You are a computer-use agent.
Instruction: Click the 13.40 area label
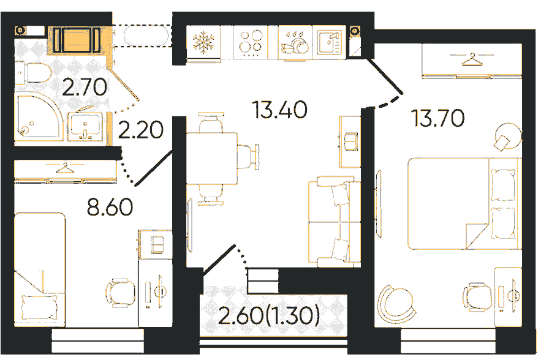click(x=280, y=110)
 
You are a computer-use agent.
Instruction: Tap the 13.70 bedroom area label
click(x=438, y=118)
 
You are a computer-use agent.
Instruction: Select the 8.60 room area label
click(x=110, y=207)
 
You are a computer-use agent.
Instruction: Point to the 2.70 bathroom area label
click(x=85, y=87)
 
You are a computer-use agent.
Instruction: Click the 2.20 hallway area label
click(x=140, y=130)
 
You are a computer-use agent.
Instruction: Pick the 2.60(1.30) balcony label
click(x=269, y=315)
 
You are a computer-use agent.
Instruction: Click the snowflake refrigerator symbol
click(x=203, y=42)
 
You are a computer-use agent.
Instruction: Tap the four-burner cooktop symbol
click(x=251, y=43)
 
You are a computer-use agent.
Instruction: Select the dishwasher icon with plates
click(x=294, y=43)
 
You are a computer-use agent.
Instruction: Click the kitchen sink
click(x=330, y=42)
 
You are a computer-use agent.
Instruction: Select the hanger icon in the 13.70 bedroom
click(x=472, y=59)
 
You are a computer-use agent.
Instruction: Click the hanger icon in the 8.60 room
click(x=64, y=168)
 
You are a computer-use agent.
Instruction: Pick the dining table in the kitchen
click(x=212, y=159)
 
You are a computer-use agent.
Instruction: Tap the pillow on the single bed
click(x=39, y=308)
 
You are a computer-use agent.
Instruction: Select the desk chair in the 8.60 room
click(x=121, y=293)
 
